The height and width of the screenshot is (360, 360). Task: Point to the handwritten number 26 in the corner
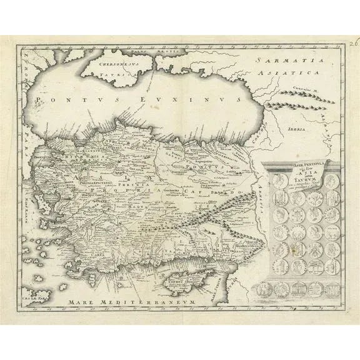[354, 44]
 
